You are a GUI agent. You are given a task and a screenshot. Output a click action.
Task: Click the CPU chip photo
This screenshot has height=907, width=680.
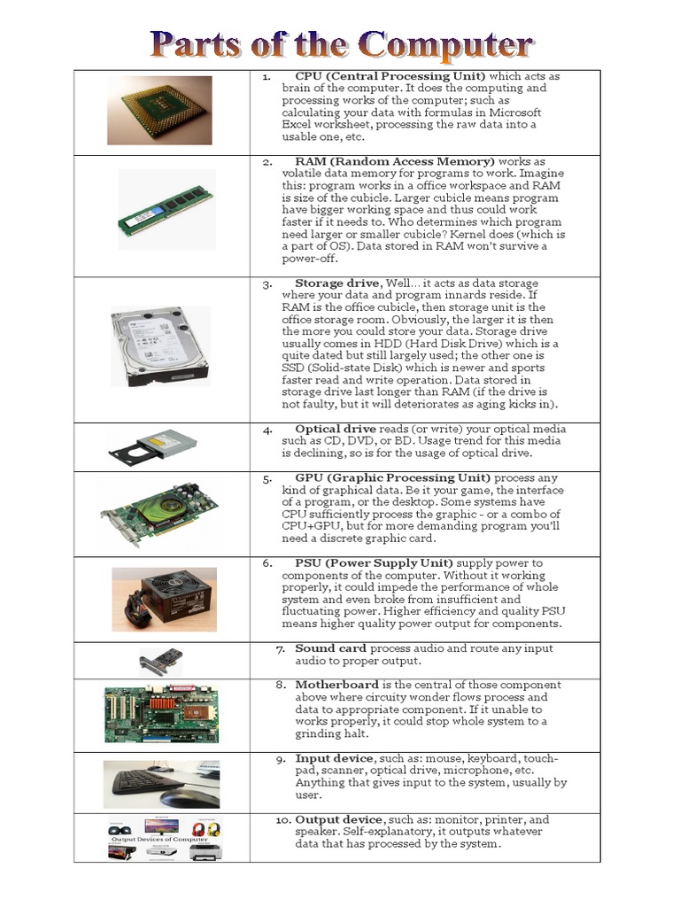[159, 110]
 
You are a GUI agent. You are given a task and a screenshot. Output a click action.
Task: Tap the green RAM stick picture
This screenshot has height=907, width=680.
[166, 211]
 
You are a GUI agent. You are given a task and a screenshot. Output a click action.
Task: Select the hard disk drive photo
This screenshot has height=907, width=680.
[159, 345]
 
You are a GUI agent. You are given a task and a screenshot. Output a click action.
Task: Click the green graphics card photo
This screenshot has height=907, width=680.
[159, 515]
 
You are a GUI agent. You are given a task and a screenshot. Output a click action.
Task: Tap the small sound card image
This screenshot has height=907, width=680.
[160, 661]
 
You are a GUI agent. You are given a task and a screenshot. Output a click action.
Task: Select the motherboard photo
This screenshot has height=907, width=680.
[161, 714]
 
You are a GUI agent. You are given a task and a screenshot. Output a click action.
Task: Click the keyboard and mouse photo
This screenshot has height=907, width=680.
[161, 783]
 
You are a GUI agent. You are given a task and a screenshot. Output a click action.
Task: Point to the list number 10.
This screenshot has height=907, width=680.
[282, 820]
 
